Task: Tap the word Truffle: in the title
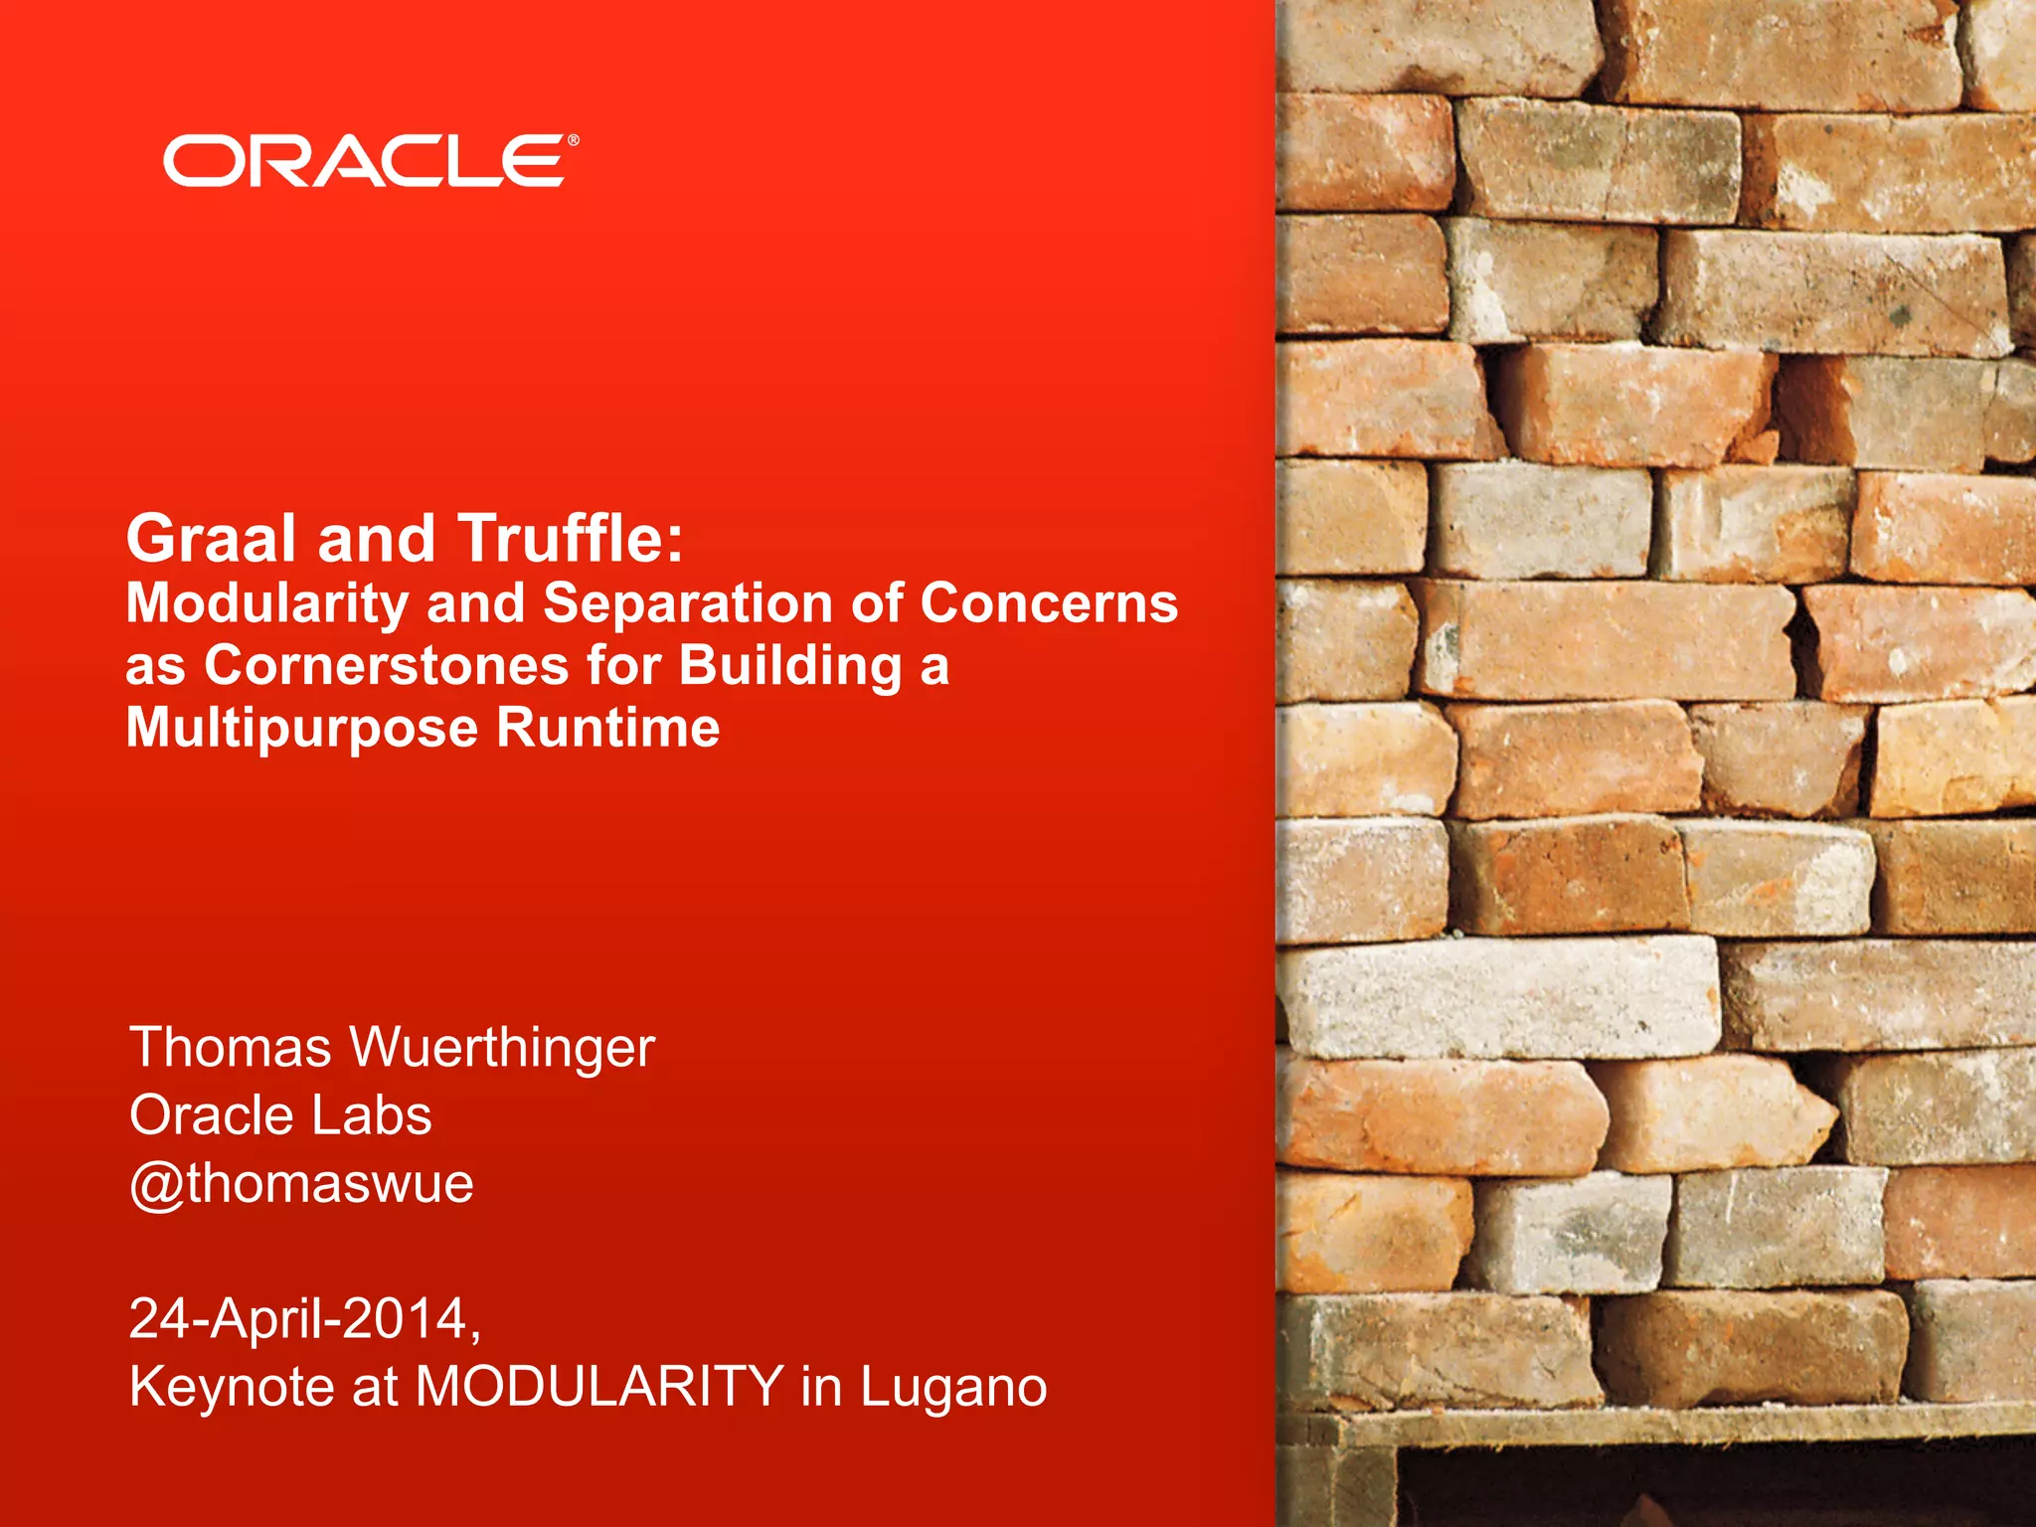tap(571, 538)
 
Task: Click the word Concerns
tap(1049, 603)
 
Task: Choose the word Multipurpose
tap(302, 729)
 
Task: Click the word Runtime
tap(607, 727)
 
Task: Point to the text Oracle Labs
tap(280, 1114)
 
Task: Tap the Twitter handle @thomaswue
tap(301, 1183)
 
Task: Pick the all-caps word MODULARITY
tap(599, 1386)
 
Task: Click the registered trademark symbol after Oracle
tap(573, 141)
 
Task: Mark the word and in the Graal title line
tap(376, 538)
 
